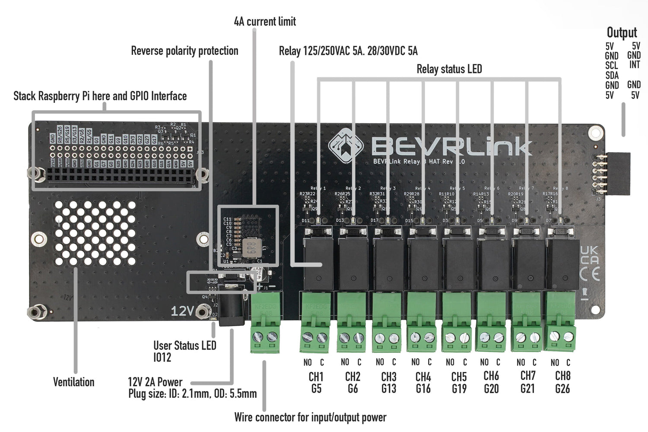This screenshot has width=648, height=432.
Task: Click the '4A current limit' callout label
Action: pyautogui.click(x=265, y=21)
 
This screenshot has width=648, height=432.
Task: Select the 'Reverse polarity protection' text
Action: pyautogui.click(x=184, y=51)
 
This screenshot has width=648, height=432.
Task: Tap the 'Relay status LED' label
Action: pyautogui.click(x=449, y=69)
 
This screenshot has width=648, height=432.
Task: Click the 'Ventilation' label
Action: pyautogui.click(x=73, y=382)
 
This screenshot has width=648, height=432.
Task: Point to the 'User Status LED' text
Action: pyautogui.click(x=184, y=346)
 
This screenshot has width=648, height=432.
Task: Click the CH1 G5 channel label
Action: pyautogui.click(x=316, y=383)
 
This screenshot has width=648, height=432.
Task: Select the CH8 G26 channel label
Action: pyautogui.click(x=562, y=383)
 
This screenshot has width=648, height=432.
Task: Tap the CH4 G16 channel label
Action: pyautogui.click(x=423, y=383)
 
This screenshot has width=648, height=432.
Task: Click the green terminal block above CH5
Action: pyautogui.click(x=457, y=322)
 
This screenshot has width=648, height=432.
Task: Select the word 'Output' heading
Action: pyautogui.click(x=622, y=32)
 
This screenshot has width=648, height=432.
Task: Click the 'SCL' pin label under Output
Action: pyautogui.click(x=611, y=66)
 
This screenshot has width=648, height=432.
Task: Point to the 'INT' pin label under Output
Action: pyautogui.click(x=634, y=65)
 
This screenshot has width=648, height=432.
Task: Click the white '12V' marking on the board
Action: pyautogui.click(x=182, y=311)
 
